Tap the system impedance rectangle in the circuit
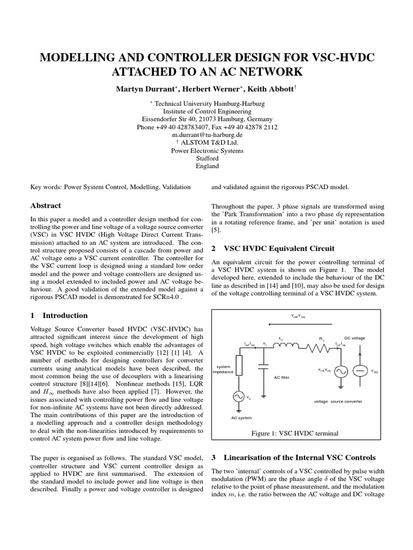[x=239, y=365]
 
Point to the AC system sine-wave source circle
[x=239, y=396]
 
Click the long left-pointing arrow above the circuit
[x=298, y=324]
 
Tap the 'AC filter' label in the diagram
[x=281, y=378]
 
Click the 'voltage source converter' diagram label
[x=338, y=401]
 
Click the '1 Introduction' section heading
[x=59, y=315]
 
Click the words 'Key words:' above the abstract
[x=46, y=187]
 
